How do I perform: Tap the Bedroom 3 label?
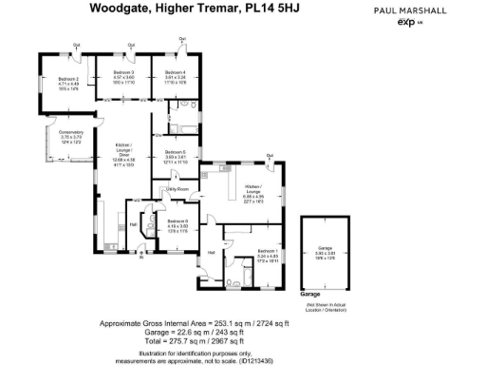[124, 72]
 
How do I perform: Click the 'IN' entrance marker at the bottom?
[142, 258]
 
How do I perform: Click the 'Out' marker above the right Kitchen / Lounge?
[271, 154]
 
